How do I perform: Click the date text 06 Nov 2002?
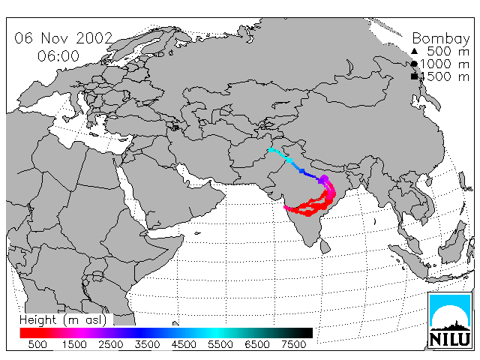click(64, 38)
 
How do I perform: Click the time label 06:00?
click(58, 56)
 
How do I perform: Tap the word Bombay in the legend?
click(441, 39)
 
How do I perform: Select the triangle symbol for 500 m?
click(414, 51)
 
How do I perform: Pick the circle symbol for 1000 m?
click(414, 64)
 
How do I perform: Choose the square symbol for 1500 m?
click(414, 76)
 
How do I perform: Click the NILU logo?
click(450, 320)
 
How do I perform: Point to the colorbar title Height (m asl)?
click(63, 320)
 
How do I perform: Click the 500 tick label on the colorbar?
click(37, 344)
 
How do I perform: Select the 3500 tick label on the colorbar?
click(147, 344)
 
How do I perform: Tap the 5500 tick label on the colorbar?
click(220, 344)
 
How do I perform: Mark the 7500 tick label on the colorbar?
click(293, 344)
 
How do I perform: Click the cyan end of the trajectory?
click(271, 150)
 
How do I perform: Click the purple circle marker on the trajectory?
click(325, 178)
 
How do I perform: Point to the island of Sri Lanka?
click(325, 247)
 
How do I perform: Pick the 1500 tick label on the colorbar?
click(74, 344)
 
